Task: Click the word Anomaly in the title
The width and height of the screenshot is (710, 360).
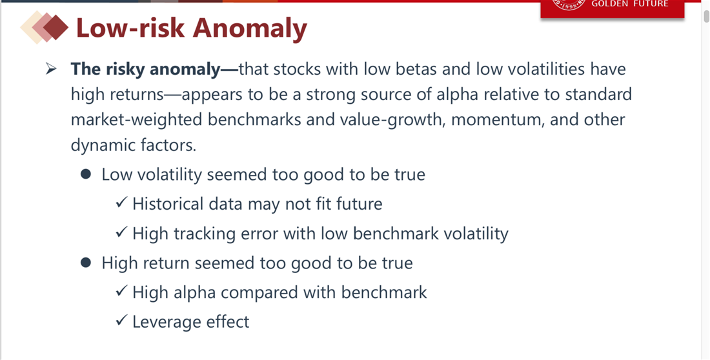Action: (250, 28)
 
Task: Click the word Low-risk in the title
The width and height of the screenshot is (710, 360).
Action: (130, 28)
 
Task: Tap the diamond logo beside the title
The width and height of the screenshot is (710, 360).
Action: (45, 27)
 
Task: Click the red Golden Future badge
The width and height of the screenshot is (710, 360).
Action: (612, 8)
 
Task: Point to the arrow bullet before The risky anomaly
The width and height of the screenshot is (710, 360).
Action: (51, 69)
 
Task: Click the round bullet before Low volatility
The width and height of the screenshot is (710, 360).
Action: (86, 174)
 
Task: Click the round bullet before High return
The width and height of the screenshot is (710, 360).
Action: (86, 263)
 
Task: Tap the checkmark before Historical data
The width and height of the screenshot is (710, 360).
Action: (121, 203)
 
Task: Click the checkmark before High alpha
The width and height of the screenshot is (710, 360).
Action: (121, 291)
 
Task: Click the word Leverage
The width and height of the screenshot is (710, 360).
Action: (167, 322)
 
